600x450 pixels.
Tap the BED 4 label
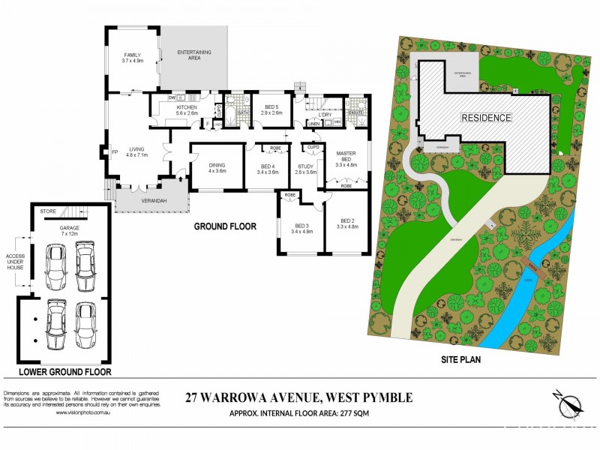(268, 169)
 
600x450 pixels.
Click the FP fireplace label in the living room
(115, 152)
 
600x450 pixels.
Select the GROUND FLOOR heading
(225, 226)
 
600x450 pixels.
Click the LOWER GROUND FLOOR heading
(65, 371)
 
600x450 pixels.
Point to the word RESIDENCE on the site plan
(486, 118)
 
